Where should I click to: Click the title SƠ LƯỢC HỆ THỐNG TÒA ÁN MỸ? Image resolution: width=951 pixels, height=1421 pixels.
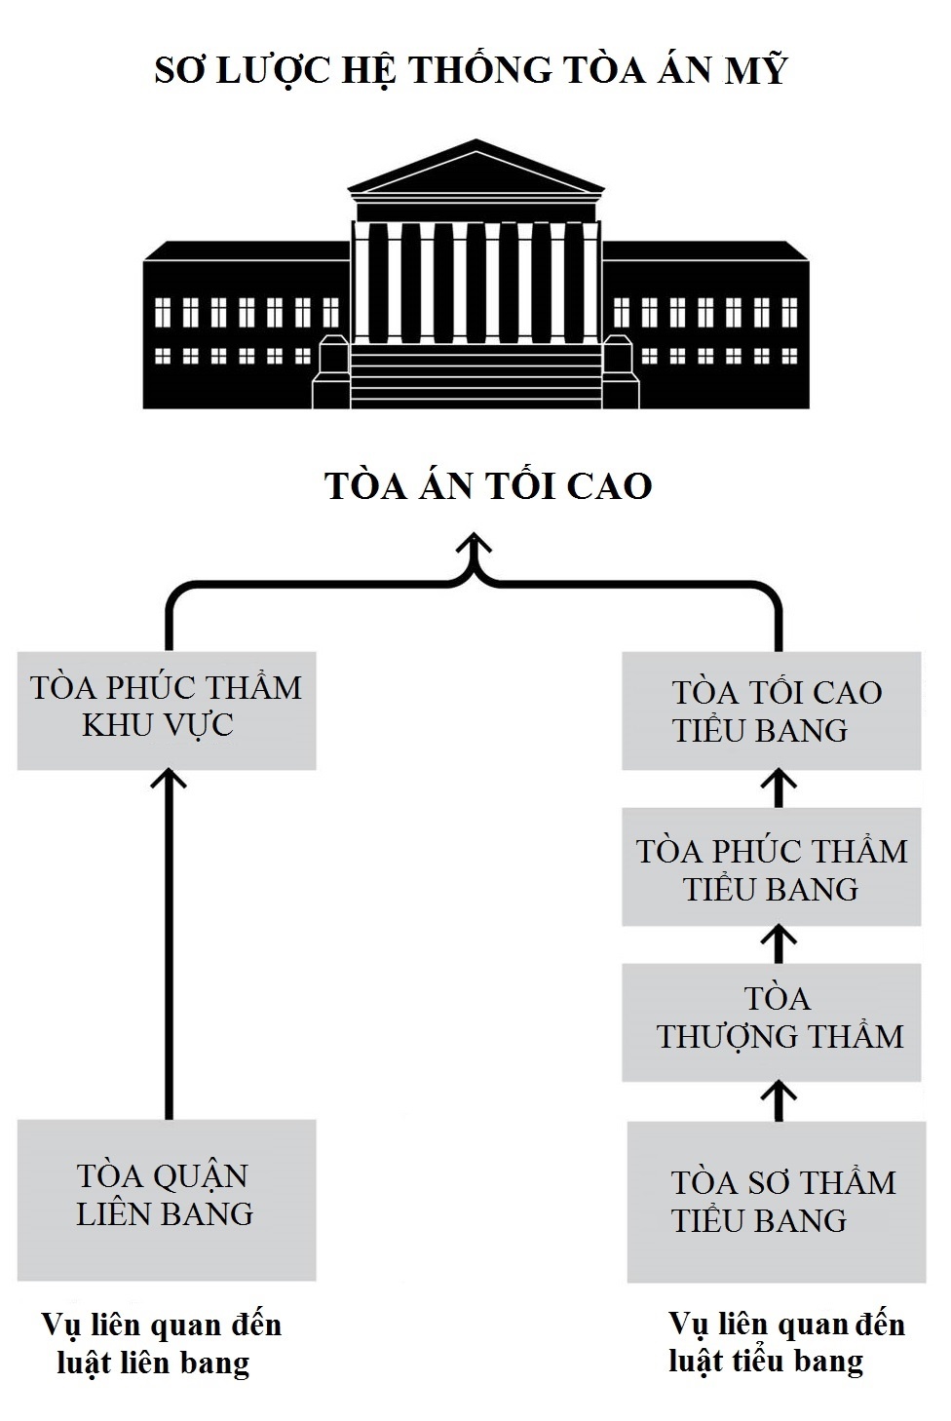471,71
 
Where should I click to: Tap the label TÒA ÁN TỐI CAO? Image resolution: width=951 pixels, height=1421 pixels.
487,486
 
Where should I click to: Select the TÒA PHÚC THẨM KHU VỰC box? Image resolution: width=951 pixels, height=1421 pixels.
167,709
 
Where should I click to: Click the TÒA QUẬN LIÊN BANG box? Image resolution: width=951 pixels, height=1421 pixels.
167,1199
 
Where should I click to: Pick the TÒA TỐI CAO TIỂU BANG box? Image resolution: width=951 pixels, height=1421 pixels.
775,712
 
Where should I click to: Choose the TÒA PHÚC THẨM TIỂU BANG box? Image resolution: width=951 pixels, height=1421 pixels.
773,868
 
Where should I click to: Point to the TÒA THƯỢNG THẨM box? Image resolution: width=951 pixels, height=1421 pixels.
773,1020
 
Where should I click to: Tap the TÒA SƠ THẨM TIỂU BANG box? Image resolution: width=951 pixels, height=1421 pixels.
777,1201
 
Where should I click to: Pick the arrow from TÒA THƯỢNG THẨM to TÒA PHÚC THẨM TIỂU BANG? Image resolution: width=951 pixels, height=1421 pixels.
777,943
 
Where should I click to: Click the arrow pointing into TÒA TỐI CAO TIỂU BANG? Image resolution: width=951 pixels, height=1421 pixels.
777,787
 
